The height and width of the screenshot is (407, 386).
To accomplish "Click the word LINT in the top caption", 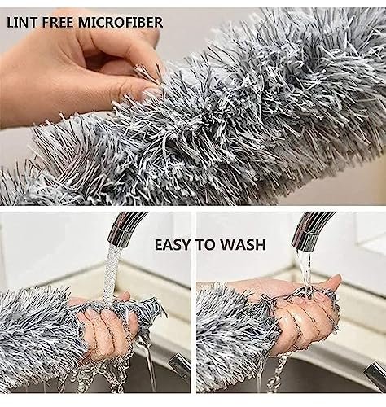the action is tap(21, 22).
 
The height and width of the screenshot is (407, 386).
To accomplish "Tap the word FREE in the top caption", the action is tap(58, 22).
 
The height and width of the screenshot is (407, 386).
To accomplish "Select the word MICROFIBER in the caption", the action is tap(121, 22).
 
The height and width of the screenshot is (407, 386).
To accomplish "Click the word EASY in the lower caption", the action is tap(173, 245).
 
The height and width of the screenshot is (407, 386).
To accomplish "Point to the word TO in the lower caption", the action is tap(205, 245).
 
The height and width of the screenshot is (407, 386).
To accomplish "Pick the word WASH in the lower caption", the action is tap(243, 245).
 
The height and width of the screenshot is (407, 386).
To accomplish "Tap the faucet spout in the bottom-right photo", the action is tap(312, 230).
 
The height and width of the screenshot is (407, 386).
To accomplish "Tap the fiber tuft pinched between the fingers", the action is tap(146, 74).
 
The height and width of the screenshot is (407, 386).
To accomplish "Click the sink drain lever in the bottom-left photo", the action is tap(178, 365).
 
